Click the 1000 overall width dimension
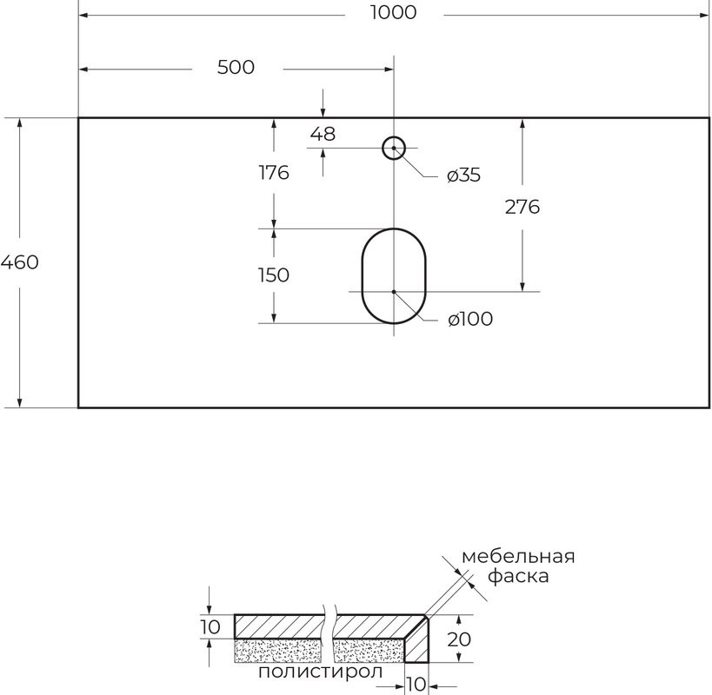392,12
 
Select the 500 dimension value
236,67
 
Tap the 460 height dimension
19,261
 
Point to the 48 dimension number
323,134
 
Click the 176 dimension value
273,172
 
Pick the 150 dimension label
273,275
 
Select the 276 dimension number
522,207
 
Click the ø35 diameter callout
463,175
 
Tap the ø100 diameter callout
469,320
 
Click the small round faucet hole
394,148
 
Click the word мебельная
518,557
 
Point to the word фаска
518,576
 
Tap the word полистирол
321,672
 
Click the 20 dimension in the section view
460,639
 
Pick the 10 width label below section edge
417,684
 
